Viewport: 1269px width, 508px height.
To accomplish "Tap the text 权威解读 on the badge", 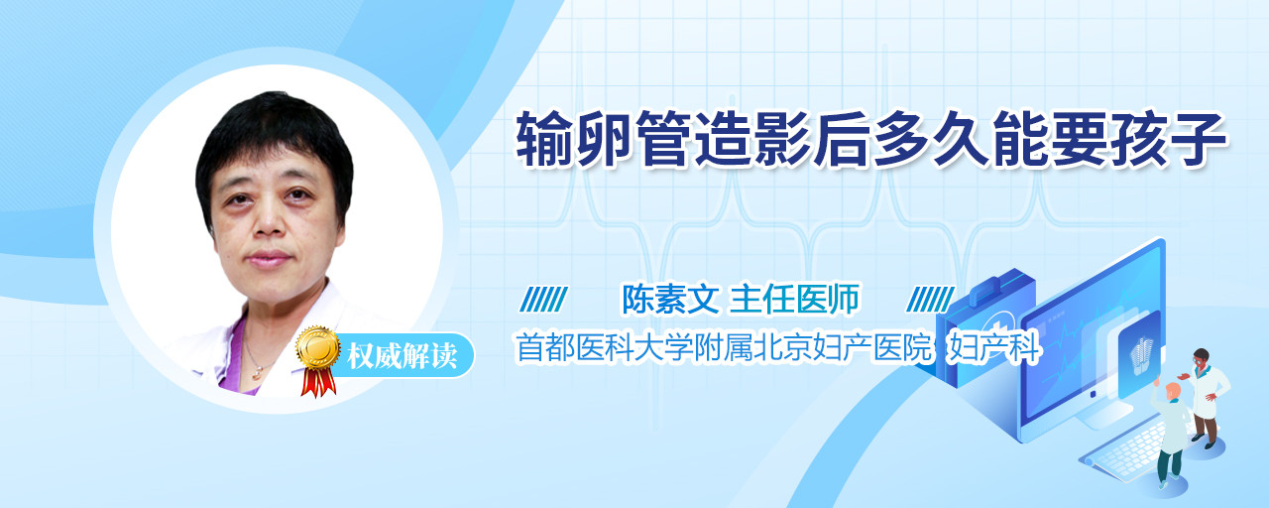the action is pos(403,356).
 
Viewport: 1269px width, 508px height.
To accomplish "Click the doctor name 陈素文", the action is pos(670,299).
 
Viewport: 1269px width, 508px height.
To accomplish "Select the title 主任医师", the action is pos(794,299).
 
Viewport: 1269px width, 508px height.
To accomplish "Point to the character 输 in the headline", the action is pos(545,138).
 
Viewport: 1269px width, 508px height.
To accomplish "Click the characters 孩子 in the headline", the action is pos(1169,138).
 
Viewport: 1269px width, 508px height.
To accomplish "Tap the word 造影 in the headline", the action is pos(752,138).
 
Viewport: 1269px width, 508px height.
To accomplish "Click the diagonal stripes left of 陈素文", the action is pos(543,300).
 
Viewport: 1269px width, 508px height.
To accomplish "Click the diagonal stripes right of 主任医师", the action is pos(930,300).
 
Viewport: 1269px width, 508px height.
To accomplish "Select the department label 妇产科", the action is pos(994,348).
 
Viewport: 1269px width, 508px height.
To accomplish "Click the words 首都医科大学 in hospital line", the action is pos(605,348).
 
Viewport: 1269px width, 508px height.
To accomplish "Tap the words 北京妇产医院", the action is pos(843,348).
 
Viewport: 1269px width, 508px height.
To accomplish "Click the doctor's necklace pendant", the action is pos(257,372).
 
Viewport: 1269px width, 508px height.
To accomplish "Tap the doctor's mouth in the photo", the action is pos(268,259).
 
